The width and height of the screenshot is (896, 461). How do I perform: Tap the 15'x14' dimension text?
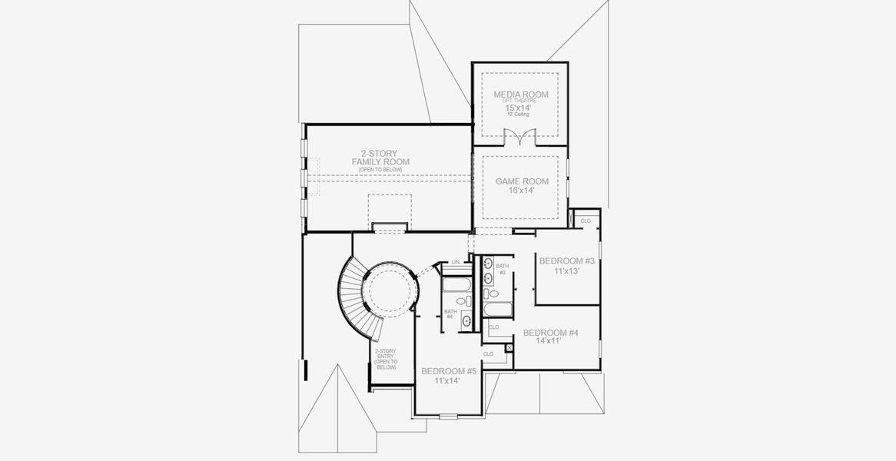click(x=521, y=108)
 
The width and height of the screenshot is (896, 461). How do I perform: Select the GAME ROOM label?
click(x=522, y=181)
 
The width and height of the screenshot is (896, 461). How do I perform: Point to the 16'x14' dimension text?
click(x=522, y=191)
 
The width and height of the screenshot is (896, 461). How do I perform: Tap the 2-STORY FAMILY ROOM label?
click(x=380, y=158)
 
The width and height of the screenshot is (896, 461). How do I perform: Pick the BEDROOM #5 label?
click(x=449, y=371)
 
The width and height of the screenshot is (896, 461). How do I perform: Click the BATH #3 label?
click(x=502, y=269)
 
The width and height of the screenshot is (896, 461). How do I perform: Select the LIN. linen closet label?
click(x=456, y=262)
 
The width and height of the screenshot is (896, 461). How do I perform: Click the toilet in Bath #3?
click(x=493, y=294)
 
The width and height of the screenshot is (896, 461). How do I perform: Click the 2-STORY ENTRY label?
click(x=385, y=360)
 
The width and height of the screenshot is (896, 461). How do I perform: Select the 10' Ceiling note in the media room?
click(x=521, y=115)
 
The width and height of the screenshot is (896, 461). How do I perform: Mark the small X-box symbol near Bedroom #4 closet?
click(x=508, y=348)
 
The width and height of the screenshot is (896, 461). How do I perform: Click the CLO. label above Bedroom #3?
click(x=586, y=221)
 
